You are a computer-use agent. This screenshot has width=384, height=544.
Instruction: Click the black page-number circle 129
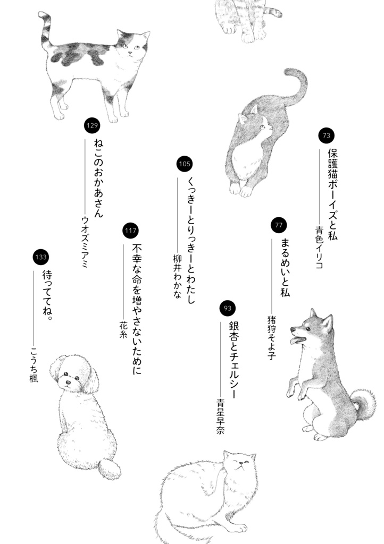pos(92,126)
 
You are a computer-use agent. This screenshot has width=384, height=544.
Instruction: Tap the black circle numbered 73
pos(327,136)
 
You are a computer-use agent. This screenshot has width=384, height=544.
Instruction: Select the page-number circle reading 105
pos(185,164)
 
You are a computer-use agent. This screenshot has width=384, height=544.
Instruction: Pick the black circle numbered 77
pos(279,225)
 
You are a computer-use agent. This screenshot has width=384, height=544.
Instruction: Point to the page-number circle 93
pos(227,308)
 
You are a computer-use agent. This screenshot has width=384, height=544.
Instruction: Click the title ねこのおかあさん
pos(98,177)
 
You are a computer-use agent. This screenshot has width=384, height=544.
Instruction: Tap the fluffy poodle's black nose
pos(68,381)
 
